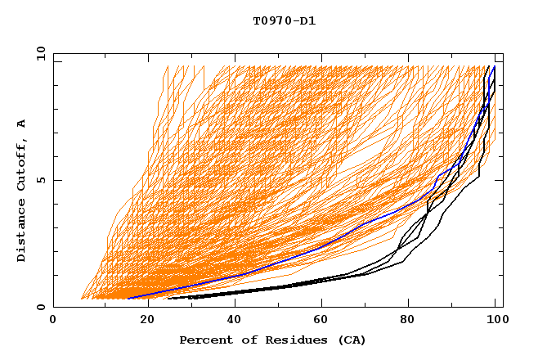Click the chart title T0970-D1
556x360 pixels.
[x=284, y=20]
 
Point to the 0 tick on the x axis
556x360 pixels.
[x=53, y=320]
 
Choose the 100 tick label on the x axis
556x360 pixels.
[x=495, y=320]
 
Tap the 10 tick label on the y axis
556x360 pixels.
[x=38, y=53]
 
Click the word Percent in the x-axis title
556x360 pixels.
[x=202, y=340]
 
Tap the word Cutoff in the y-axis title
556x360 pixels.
[x=22, y=163]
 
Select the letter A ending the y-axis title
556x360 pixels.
[x=22, y=124]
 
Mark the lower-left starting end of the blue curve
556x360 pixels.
[x=128, y=298]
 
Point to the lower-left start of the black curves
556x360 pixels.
[x=168, y=298]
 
